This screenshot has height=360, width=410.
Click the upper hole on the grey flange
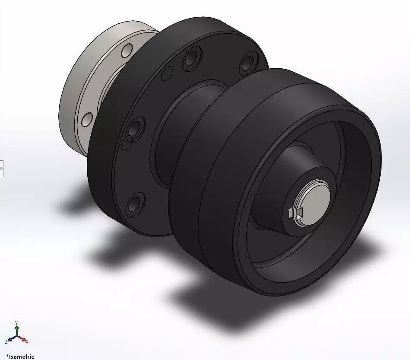[x=127, y=51]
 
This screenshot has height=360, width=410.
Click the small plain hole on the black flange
[x=165, y=74]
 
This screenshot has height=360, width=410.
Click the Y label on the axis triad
[x=16, y=323]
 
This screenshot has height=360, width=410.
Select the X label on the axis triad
[x=27, y=342]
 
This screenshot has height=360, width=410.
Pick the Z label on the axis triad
[x=6, y=342]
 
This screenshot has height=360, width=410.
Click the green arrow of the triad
[x=16, y=330]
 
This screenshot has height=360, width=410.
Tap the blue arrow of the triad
[x=11, y=340]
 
